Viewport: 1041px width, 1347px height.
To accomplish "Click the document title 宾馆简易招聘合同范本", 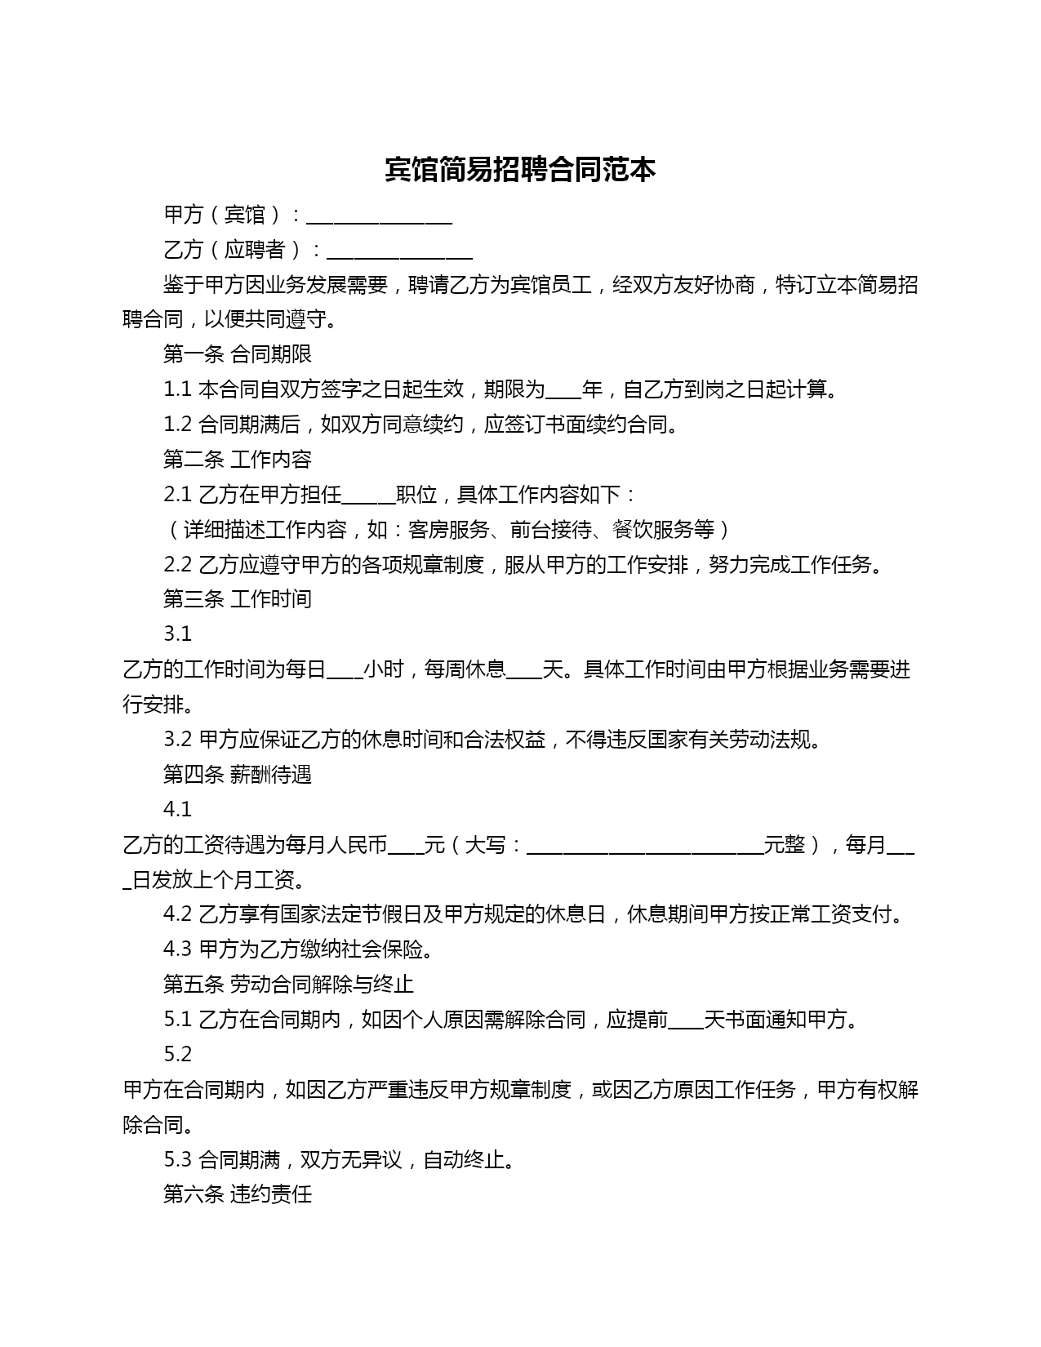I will pos(520,170).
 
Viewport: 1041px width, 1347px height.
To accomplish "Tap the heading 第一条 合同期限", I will pos(238,354).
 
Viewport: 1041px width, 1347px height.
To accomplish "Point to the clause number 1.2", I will pos(177,425).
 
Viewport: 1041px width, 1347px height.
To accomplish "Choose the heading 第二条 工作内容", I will pos(238,460).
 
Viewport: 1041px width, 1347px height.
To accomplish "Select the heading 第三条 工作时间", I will pos(238,599).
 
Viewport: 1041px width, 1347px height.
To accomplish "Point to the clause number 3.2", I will pos(177,740).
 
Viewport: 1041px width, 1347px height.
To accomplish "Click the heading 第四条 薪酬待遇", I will pos(238,774).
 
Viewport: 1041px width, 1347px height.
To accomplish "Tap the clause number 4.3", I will pos(177,949).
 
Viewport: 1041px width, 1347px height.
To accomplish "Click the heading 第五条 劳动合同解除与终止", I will pos(288,985).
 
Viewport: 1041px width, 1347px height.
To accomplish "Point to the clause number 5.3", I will pos(177,1159).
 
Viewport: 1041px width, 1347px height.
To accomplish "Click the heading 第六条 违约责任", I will pos(238,1194).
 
